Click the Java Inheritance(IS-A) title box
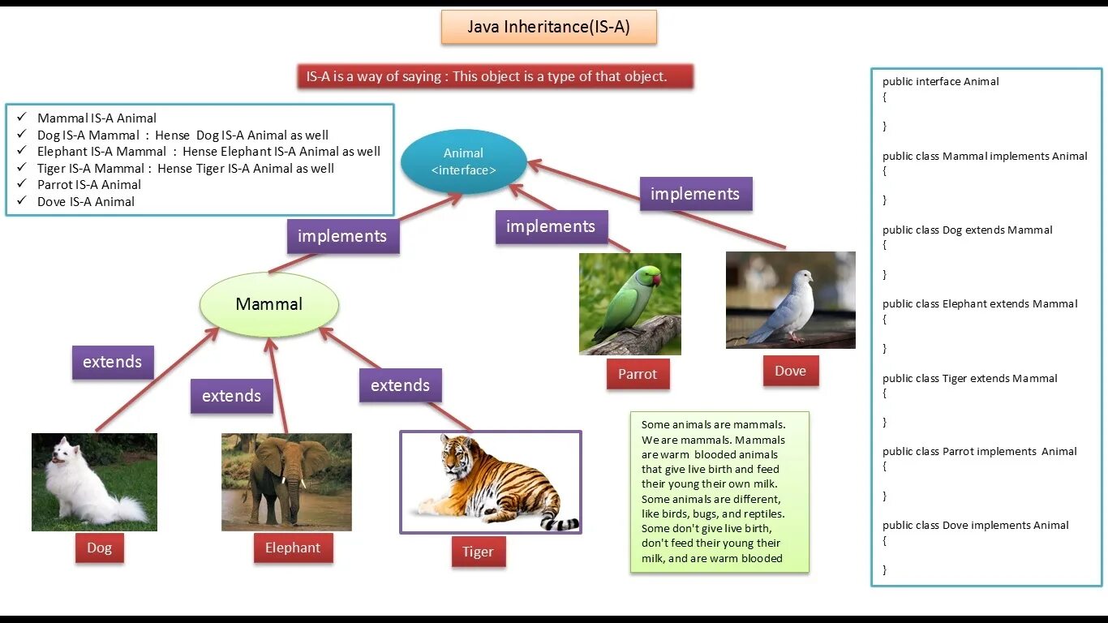coord(548,28)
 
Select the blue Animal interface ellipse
coord(463,161)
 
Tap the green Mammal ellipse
coord(268,305)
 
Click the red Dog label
coord(99,548)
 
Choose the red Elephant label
coord(292,548)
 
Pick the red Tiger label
coord(478,552)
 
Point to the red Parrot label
coord(638,375)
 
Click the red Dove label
coord(790,372)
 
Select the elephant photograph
coord(286,482)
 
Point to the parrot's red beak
coord(656,279)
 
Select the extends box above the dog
coord(112,362)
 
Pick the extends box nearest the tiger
coord(400,385)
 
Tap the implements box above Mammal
coord(342,236)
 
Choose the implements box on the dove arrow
coord(695,194)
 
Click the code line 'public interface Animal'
coord(941,82)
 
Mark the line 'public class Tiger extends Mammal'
coord(970,378)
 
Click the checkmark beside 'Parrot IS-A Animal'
coord(22,184)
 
